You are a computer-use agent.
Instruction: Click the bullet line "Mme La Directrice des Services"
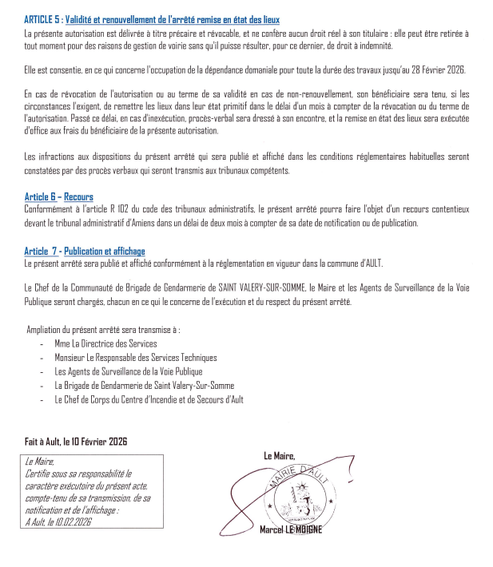(105, 343)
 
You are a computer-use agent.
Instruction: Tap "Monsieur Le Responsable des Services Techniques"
(135, 357)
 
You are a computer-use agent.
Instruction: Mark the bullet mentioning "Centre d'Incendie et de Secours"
(149, 398)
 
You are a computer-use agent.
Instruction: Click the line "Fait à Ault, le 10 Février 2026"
(76, 442)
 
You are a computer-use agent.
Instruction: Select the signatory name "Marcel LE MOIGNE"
(291, 530)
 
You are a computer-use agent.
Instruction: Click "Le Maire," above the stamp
(279, 455)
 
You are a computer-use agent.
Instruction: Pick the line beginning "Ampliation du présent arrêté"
(103, 329)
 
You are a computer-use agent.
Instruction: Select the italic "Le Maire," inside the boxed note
(39, 461)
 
